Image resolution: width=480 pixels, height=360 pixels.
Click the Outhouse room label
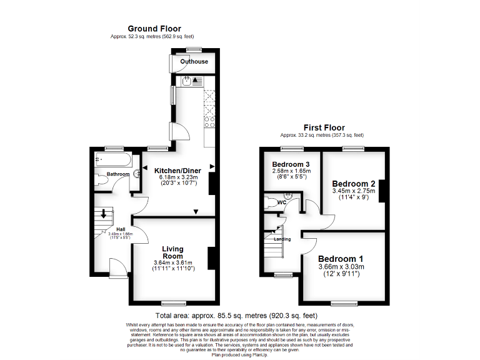coord(194,62)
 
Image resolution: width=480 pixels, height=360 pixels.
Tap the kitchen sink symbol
coord(187,80)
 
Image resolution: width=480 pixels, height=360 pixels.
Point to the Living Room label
coord(172,252)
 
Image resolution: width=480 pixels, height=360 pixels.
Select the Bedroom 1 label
coord(341,259)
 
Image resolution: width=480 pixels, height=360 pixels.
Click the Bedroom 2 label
coord(354,183)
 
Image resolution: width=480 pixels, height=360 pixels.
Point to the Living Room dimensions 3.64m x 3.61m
coord(172,262)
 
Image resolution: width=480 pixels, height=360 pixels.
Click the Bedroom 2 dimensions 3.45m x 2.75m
coord(354,191)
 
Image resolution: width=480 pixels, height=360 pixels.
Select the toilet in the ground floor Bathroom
coord(102,182)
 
